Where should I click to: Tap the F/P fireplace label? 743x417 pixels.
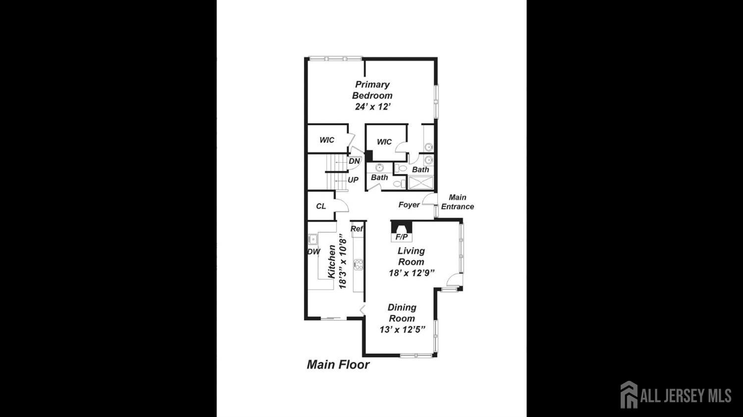point(401,237)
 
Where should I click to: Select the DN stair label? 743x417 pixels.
point(355,161)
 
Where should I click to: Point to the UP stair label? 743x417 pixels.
point(353,180)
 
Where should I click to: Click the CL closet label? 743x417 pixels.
point(321,207)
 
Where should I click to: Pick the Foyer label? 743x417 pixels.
point(409,205)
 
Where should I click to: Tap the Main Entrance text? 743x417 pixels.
point(457,202)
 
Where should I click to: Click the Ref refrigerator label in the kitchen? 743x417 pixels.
point(357,229)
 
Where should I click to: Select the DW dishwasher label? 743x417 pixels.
point(314,252)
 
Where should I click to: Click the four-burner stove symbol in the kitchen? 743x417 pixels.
point(358,264)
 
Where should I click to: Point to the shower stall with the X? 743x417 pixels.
point(421,183)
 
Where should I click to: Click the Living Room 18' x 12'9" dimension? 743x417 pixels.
point(412,273)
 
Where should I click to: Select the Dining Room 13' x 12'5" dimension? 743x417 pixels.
point(402,330)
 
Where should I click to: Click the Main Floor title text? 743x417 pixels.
point(338,365)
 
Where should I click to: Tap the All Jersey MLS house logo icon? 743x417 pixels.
point(629,394)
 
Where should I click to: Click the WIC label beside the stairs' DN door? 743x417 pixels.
point(327,140)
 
